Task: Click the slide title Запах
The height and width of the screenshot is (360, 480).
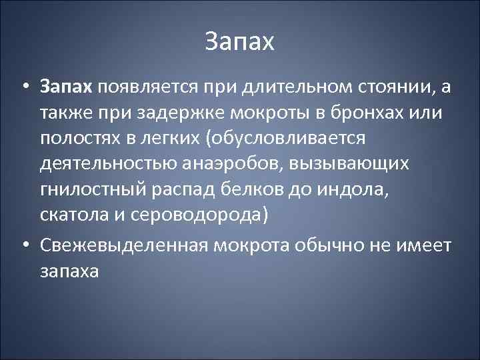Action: [x=239, y=43]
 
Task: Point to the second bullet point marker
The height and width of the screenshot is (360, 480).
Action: [x=24, y=246]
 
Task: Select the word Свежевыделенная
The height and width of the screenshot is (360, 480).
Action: [x=123, y=246]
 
